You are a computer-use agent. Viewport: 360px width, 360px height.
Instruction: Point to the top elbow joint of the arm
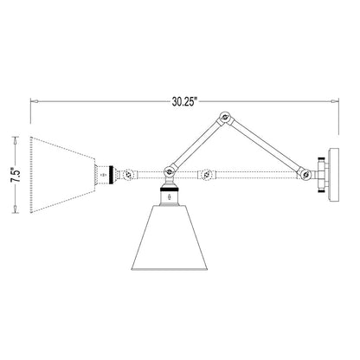point(228,118)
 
